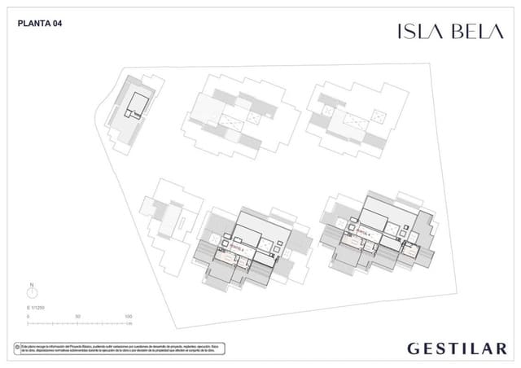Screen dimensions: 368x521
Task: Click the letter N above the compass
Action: point(31,286)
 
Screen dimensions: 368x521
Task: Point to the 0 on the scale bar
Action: point(28,316)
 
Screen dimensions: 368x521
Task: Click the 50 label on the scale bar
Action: point(77,316)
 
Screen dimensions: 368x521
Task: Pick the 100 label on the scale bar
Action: point(127,316)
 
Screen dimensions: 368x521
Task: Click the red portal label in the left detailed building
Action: point(238,243)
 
